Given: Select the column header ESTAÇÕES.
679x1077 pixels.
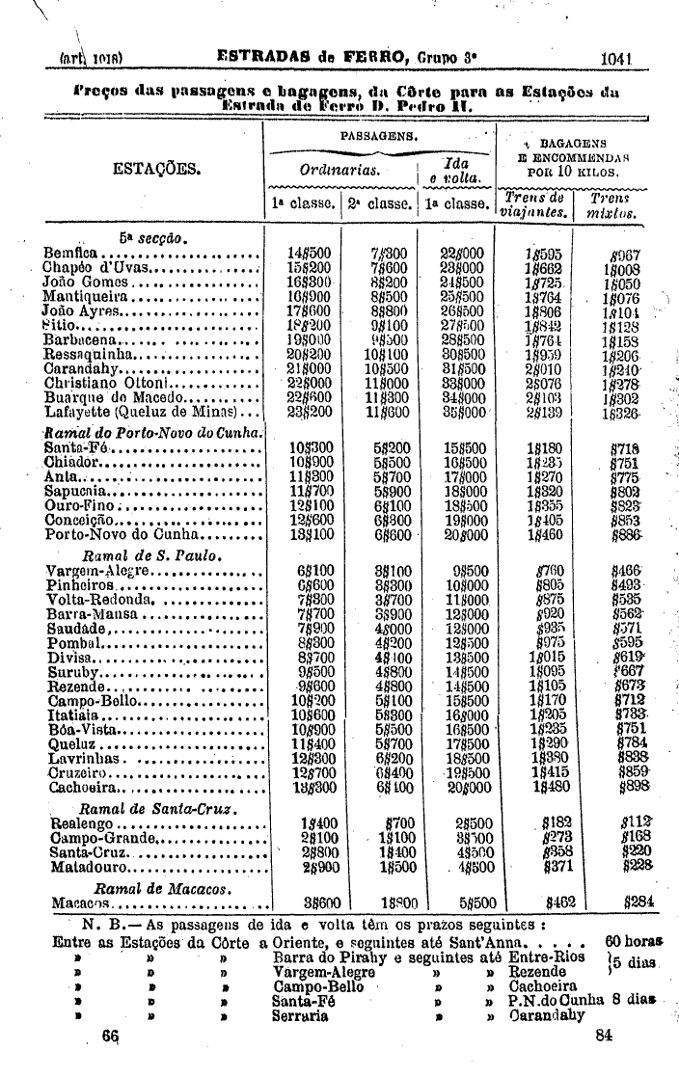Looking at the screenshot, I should tap(156, 170).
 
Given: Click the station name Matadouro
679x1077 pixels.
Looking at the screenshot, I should tap(87, 867).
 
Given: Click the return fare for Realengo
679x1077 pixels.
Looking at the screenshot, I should tap(469, 824).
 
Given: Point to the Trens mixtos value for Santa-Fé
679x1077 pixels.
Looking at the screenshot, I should tap(625, 448).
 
